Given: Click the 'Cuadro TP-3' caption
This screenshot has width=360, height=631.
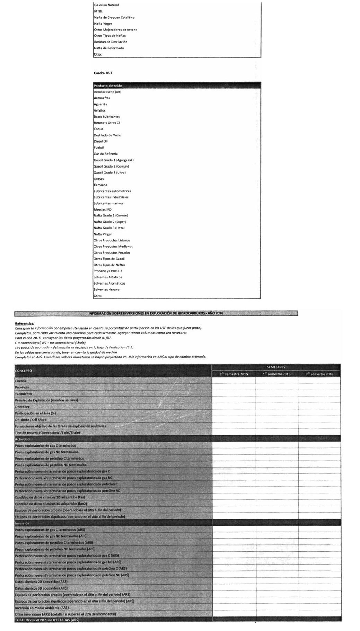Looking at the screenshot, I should pyautogui.click(x=103, y=73).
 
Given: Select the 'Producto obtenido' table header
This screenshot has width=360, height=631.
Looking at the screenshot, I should pyautogui.click(x=108, y=86).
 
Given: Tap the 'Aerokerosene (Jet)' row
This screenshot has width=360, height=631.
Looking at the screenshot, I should pyautogui.click(x=107, y=92).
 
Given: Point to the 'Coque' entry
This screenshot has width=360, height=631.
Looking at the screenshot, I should pyautogui.click(x=99, y=129).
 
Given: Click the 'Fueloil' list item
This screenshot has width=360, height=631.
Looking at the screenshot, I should pyautogui.click(x=99, y=148).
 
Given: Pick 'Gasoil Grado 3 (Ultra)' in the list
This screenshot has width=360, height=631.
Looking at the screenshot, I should pyautogui.click(x=110, y=172).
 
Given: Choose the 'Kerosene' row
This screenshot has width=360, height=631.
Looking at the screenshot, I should pyautogui.click(x=100, y=185).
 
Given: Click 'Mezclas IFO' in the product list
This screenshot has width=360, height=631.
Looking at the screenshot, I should pyautogui.click(x=103, y=210).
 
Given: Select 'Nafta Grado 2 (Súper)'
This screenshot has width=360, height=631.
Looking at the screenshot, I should pyautogui.click(x=110, y=222).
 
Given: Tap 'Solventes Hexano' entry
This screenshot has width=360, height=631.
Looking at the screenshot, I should pyautogui.click(x=107, y=290).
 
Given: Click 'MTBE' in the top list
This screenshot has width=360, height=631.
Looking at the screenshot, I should pyautogui.click(x=98, y=11).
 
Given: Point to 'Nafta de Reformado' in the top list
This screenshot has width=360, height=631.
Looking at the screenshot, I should pyautogui.click(x=109, y=48).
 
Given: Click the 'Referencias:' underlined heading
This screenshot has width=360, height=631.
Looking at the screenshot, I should pyautogui.click(x=24, y=323).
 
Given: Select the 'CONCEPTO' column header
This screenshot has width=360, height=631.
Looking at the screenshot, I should pyautogui.click(x=24, y=371).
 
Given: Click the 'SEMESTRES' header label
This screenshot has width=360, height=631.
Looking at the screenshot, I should pyautogui.click(x=276, y=367).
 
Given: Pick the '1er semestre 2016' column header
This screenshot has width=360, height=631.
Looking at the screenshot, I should pyautogui.click(x=276, y=374).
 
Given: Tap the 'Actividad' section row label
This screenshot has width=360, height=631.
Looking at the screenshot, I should pyautogui.click(x=22, y=439).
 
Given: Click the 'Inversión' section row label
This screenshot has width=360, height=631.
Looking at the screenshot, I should pyautogui.click(x=22, y=523).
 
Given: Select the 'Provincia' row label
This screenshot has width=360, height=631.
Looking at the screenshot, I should pyautogui.click(x=22, y=387).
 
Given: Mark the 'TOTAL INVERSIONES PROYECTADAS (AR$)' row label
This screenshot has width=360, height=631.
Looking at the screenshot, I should pyautogui.click(x=47, y=620).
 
